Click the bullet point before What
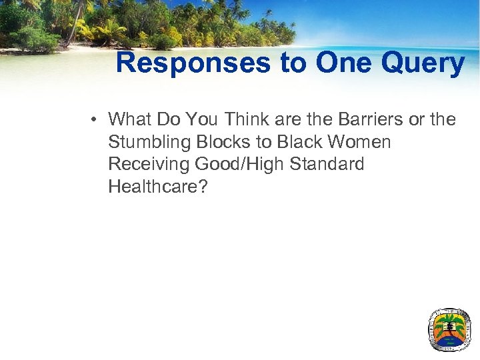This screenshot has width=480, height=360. (97, 120)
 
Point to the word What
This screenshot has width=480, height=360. (130, 119)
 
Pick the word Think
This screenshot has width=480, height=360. (247, 119)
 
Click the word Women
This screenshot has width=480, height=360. (358, 142)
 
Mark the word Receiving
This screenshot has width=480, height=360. (147, 165)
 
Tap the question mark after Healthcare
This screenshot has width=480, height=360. (203, 187)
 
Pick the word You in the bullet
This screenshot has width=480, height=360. (201, 119)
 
